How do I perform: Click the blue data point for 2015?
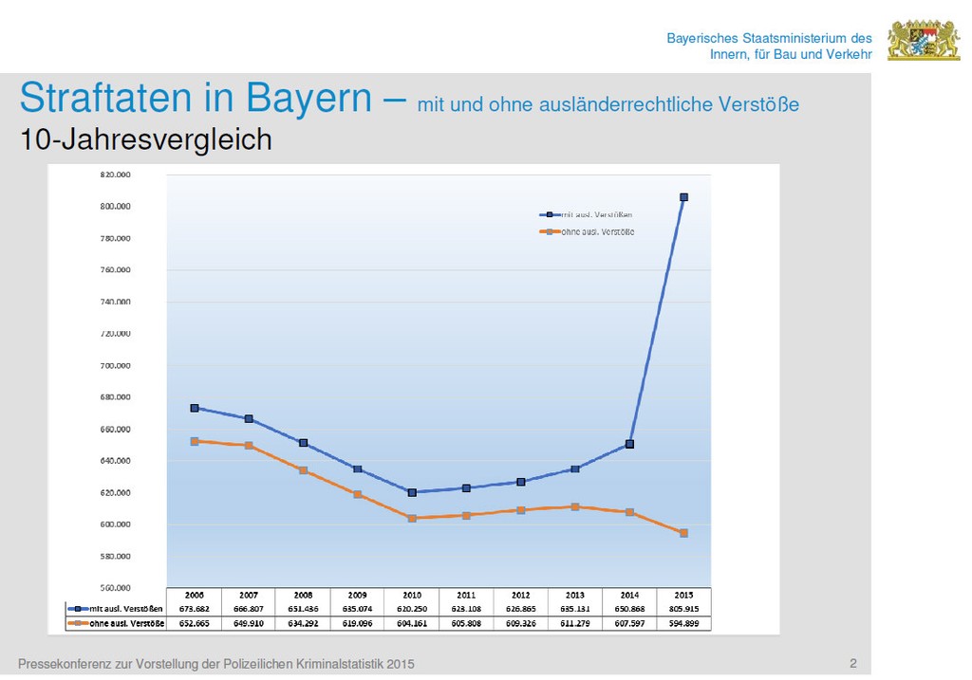tap(683, 197)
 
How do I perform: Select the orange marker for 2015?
tap(683, 533)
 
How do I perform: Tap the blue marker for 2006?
tap(195, 408)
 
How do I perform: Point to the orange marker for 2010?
tap(412, 518)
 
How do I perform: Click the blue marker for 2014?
tap(629, 444)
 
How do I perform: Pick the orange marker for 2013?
tap(575, 506)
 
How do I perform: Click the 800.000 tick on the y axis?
tap(115, 206)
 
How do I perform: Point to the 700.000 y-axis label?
tap(115, 365)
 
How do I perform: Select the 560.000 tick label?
tap(115, 588)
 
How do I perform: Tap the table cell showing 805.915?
tap(683, 609)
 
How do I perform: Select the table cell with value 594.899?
tap(683, 623)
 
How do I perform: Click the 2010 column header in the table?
tap(412, 595)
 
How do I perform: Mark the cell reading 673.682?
tap(195, 609)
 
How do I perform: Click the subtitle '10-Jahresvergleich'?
tap(146, 140)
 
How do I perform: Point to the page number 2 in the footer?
tap(852, 663)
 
